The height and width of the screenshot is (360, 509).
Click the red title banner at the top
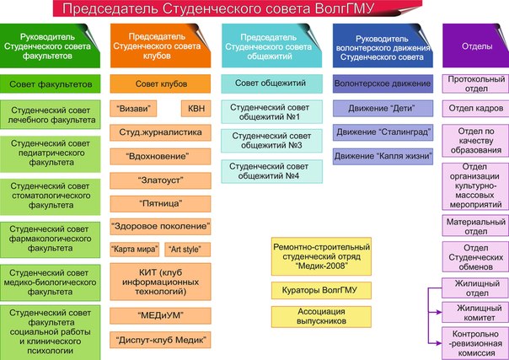[254, 9]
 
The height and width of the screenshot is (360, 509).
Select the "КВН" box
[196, 109]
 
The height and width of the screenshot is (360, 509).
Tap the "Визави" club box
[137, 109]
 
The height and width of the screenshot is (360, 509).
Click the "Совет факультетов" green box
[51, 83]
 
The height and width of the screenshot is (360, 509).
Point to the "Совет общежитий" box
[271, 83]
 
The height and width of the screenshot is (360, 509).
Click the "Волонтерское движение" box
[383, 84]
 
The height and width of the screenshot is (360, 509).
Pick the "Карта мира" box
[135, 250]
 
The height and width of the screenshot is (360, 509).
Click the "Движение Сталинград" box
[383, 132]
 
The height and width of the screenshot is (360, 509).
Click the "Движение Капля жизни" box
[383, 156]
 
